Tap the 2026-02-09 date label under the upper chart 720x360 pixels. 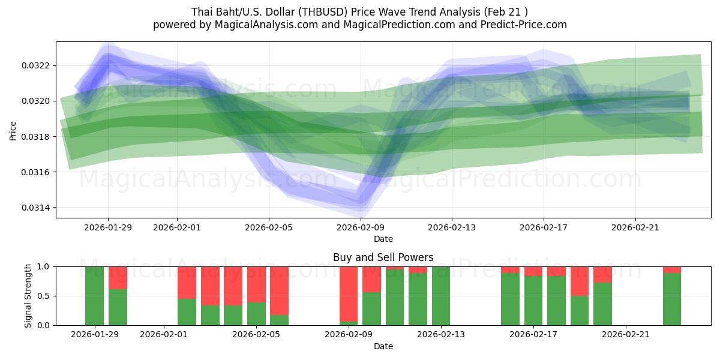(x=360, y=227)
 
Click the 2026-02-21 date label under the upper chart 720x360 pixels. (x=635, y=227)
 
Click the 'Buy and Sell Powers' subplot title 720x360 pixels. (x=383, y=257)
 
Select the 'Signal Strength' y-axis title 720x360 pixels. (x=28, y=296)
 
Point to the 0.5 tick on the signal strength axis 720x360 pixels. (x=43, y=296)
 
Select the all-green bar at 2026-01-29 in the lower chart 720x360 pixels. (x=95, y=296)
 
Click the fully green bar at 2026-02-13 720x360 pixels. (x=441, y=296)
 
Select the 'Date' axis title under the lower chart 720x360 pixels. (x=383, y=346)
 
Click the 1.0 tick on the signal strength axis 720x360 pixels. (x=43, y=266)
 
